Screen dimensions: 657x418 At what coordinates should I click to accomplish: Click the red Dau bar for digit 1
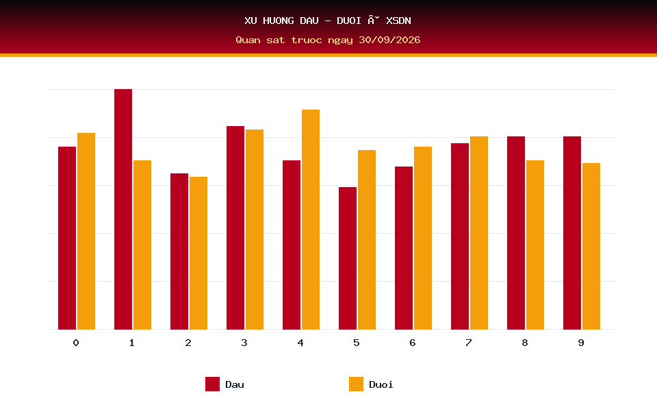click(123, 209)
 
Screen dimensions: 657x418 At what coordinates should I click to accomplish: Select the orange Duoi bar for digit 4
click(311, 219)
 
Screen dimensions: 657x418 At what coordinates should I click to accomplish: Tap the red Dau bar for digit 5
click(348, 258)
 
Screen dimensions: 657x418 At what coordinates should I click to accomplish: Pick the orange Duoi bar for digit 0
click(86, 231)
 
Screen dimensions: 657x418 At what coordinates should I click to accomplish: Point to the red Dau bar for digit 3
click(235, 228)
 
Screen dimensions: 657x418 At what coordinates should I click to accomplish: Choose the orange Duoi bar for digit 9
click(591, 247)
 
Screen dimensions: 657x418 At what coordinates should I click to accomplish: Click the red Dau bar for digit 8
click(516, 233)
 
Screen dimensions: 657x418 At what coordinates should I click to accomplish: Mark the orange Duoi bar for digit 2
click(198, 253)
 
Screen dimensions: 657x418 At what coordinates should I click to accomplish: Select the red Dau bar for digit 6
click(404, 248)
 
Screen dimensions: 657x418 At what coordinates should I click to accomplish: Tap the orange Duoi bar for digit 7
click(479, 233)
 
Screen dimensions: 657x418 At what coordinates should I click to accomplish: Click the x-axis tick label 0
click(76, 343)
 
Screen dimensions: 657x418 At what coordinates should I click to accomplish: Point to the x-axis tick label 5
click(356, 343)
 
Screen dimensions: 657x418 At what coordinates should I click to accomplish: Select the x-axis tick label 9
click(581, 343)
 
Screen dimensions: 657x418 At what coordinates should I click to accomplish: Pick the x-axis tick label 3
click(244, 343)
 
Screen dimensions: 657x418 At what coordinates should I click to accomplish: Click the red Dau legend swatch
click(212, 384)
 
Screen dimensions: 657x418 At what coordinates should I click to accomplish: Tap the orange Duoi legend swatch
click(356, 384)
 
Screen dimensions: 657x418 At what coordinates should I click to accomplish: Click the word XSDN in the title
click(398, 21)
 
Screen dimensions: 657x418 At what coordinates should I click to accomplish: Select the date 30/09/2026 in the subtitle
click(389, 40)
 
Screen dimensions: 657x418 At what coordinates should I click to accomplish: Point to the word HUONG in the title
click(279, 21)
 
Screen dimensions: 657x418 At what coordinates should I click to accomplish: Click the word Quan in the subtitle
click(248, 40)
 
